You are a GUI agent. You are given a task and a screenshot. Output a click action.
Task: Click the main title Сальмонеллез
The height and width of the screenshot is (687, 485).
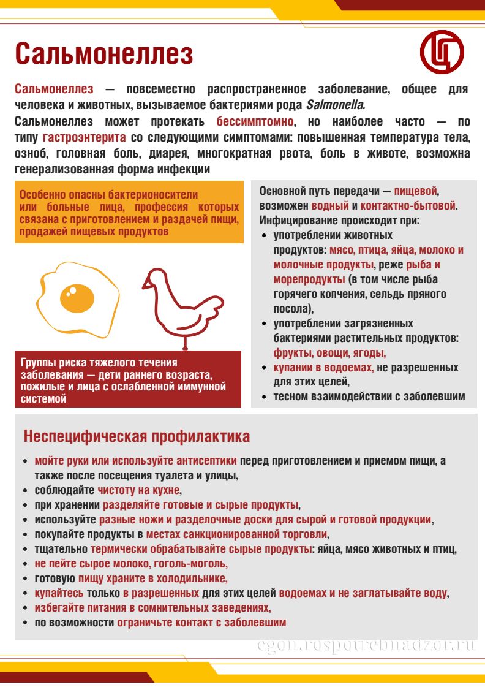tap(103, 54)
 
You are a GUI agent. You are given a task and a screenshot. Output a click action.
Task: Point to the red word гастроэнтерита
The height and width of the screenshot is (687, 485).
tap(84, 137)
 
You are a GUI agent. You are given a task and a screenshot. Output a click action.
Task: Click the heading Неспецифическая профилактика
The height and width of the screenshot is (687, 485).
tap(137, 436)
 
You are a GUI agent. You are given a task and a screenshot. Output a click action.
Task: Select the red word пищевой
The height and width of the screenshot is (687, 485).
tap(416, 191)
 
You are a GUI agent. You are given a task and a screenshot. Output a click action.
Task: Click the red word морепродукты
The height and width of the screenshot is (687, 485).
tap(309, 279)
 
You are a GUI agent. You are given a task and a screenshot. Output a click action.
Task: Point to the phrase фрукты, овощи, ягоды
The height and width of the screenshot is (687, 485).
tap(329, 353)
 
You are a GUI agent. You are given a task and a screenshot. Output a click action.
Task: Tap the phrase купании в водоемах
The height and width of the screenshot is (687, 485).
tap(323, 368)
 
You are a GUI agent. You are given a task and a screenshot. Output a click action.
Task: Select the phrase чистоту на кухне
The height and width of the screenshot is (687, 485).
tap(139, 490)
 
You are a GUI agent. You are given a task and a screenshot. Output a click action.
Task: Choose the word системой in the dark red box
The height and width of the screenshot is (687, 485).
tap(43, 400)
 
